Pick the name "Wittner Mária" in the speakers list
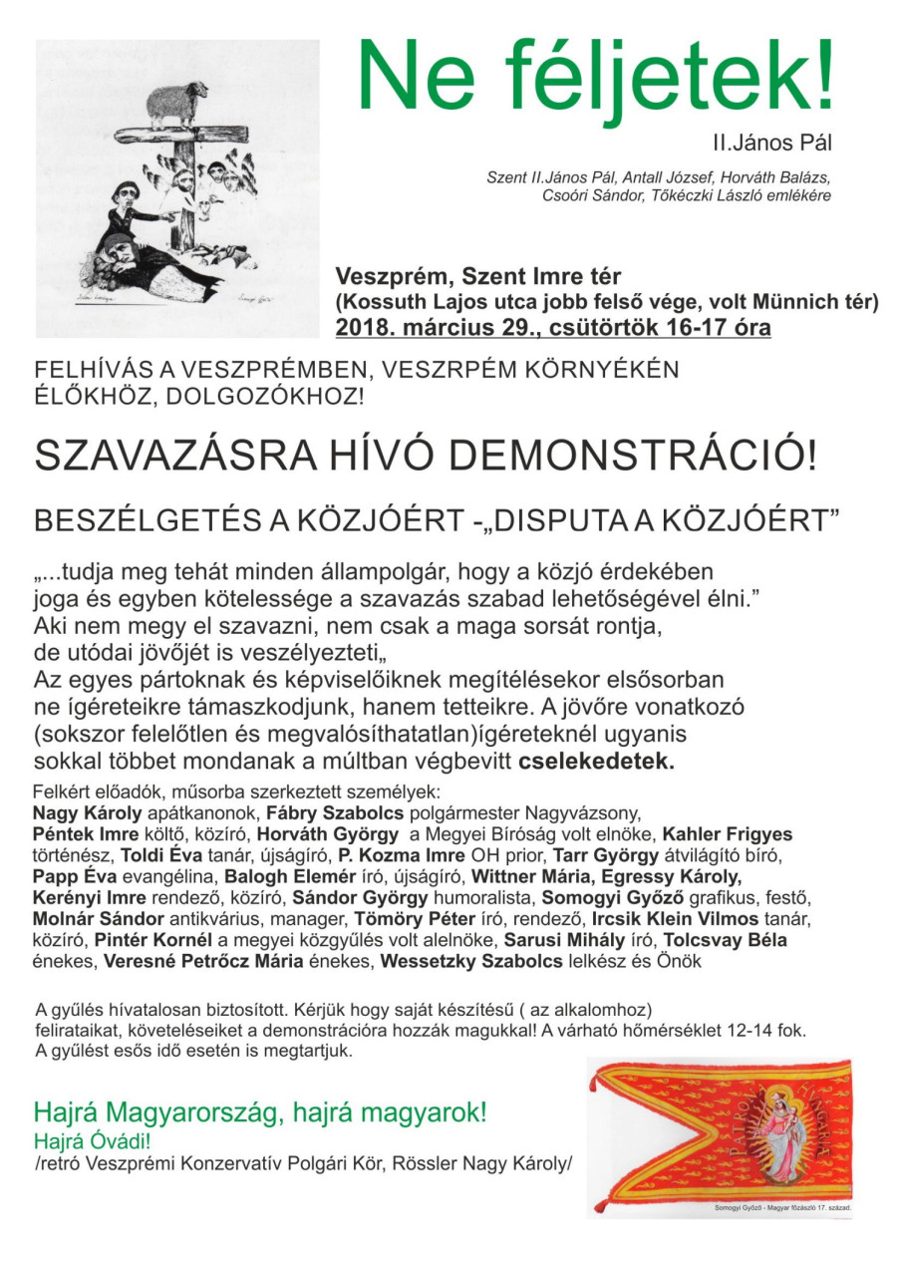click(x=525, y=876)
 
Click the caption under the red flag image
click(x=782, y=1208)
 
